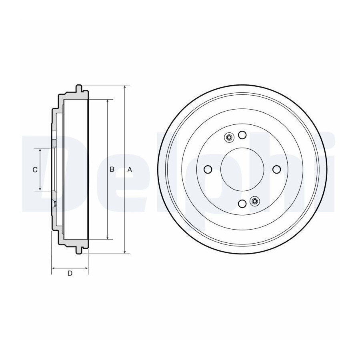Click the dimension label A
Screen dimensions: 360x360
130,170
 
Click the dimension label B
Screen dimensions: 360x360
112,170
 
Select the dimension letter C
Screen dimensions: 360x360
35,170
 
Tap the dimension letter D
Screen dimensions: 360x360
70,274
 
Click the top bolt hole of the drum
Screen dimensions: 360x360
242,135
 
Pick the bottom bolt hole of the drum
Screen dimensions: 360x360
242,204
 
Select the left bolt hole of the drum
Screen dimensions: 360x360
208,170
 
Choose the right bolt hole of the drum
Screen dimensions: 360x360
277,170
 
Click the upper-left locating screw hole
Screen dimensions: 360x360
229,138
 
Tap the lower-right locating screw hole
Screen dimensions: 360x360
254,201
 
